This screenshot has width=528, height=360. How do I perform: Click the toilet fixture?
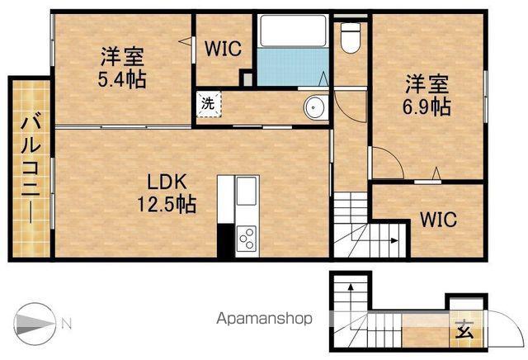[351, 37]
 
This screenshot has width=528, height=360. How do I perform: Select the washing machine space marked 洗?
[209, 103]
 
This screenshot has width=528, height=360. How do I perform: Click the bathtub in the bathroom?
[293, 31]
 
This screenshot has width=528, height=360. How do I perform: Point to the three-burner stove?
[247, 238]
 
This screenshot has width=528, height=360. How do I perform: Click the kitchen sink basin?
[247, 191]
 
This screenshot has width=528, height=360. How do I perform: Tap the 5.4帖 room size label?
[122, 79]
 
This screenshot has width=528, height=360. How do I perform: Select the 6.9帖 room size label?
[427, 107]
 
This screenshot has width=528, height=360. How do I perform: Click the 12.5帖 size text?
[167, 204]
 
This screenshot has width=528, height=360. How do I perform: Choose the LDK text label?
[167, 182]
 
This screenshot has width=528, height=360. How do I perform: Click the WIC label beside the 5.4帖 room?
[224, 49]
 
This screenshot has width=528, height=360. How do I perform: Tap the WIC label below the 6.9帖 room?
[439, 220]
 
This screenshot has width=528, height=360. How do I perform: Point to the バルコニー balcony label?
[31, 169]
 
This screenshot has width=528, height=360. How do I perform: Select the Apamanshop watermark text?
[264, 319]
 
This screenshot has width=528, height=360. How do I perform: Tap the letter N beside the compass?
[67, 324]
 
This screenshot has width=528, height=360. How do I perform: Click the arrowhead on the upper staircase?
[394, 240]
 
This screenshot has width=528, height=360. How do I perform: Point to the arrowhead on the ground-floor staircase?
[351, 287]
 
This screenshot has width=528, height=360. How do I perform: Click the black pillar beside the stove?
[225, 240]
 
